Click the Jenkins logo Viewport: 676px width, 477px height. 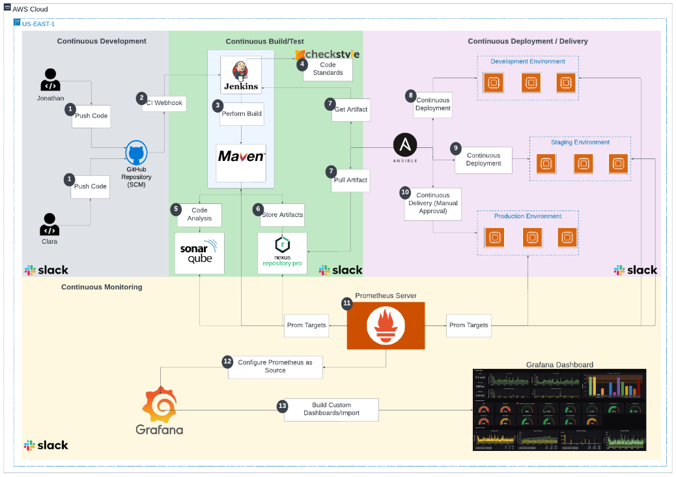[x=240, y=71]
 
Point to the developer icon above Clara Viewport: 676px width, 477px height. [x=49, y=224]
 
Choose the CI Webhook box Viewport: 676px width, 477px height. [x=162, y=102]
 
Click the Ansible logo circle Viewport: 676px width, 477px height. [x=405, y=145]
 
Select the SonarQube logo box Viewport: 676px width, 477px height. [x=199, y=253]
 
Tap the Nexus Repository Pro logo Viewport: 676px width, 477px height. [x=282, y=253]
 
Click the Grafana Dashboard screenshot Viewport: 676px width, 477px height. [x=559, y=410]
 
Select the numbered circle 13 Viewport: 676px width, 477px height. [x=282, y=406]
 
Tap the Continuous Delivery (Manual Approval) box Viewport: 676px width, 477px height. [x=432, y=203]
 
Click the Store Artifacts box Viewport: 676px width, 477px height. [x=282, y=214]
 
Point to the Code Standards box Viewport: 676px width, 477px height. [x=328, y=69]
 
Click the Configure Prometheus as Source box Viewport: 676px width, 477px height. [x=275, y=366]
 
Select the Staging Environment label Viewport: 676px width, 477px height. [x=580, y=142]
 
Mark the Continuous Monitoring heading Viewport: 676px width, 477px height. [x=102, y=287]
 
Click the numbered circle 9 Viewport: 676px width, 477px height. [x=456, y=148]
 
